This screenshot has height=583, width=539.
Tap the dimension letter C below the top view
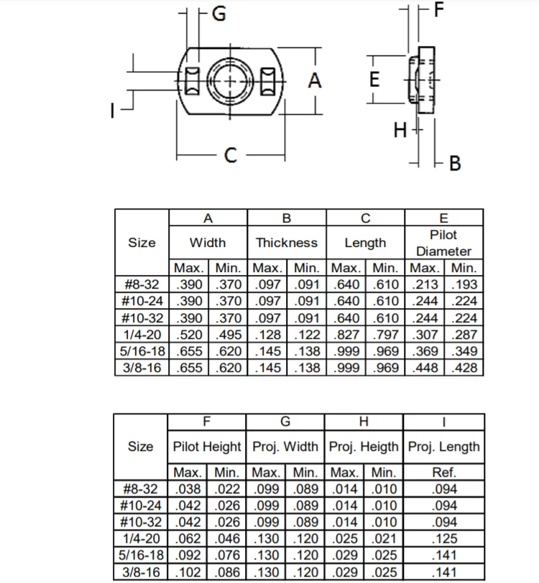pos(230,154)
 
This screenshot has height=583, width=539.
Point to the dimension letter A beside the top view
pos(315,81)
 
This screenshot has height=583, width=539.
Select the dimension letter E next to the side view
pos(374,80)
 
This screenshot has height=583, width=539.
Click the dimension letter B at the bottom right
pos(454,164)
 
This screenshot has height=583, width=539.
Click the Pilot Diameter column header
pos(443,243)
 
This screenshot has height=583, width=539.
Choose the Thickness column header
pos(286,243)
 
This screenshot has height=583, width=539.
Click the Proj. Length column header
pos(443,447)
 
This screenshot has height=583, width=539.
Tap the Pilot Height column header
pos(207,447)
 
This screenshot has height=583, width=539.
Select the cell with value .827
pos(346,335)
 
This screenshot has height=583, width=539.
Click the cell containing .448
pos(425,368)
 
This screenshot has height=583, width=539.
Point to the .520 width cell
pos(188,335)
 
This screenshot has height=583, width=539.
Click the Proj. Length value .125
pos(443,539)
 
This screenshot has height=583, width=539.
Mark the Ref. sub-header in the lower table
pos(443,472)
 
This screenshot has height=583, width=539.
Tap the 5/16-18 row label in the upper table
pos(142,352)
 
